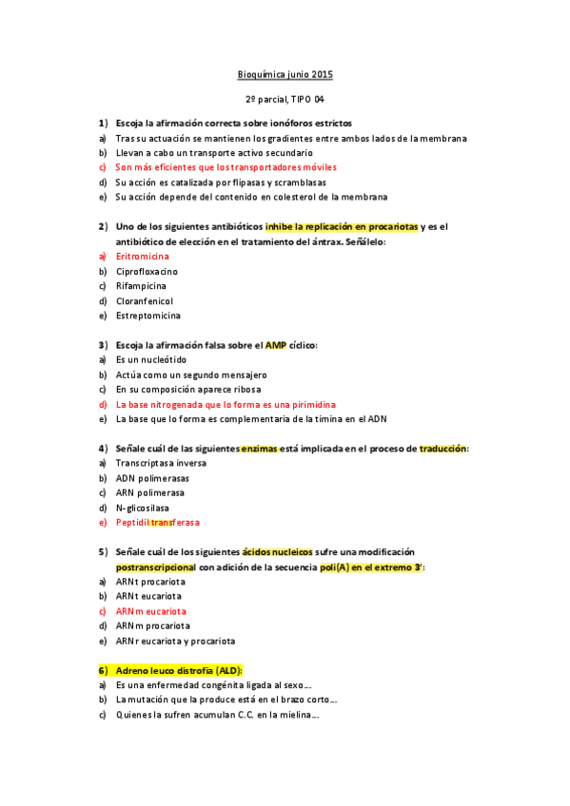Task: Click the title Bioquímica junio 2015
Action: [x=285, y=74]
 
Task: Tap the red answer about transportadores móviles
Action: [x=226, y=167]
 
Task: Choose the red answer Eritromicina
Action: [x=143, y=257]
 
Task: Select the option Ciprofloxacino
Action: [x=147, y=271]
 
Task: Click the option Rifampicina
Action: [x=141, y=286]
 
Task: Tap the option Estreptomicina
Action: [x=148, y=316]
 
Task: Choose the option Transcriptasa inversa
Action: [x=161, y=463]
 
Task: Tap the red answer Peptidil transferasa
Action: [x=158, y=523]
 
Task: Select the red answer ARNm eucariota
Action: [x=151, y=611]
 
